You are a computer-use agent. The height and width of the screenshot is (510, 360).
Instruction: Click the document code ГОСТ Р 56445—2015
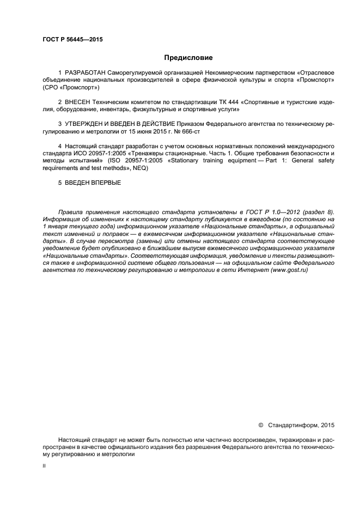click(72, 40)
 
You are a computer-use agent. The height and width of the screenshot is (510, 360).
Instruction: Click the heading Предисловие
click(188, 58)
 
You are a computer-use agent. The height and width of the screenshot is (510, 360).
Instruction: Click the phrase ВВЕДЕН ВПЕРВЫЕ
click(93, 183)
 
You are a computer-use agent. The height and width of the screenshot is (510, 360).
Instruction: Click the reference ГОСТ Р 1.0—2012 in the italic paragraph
click(266, 212)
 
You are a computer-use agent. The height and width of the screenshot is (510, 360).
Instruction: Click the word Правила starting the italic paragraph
click(70, 212)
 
